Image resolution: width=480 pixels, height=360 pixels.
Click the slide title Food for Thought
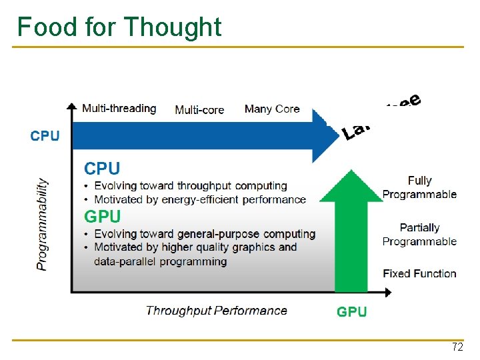point(119,27)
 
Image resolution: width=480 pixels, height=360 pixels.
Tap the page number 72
point(457,347)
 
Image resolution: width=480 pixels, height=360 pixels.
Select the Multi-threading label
point(119,108)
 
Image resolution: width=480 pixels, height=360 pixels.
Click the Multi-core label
point(199,110)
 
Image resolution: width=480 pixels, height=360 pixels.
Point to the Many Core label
point(272,109)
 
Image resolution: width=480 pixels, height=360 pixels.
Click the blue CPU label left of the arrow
point(45,136)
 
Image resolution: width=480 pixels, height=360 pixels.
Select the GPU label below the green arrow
point(351,311)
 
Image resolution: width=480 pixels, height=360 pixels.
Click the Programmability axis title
point(43,223)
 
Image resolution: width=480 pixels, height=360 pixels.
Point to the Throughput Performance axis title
point(216,311)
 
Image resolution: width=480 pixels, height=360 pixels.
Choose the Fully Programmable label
point(419,187)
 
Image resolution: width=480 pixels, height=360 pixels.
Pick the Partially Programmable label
point(419,235)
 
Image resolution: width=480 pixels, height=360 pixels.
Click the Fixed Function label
point(419,273)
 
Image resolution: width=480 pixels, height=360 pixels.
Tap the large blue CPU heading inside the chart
point(102,169)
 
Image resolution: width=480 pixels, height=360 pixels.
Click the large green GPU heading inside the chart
point(102,217)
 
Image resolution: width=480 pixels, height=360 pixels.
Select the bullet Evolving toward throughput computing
point(191,186)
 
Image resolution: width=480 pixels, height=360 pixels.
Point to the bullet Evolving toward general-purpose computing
point(205,234)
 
